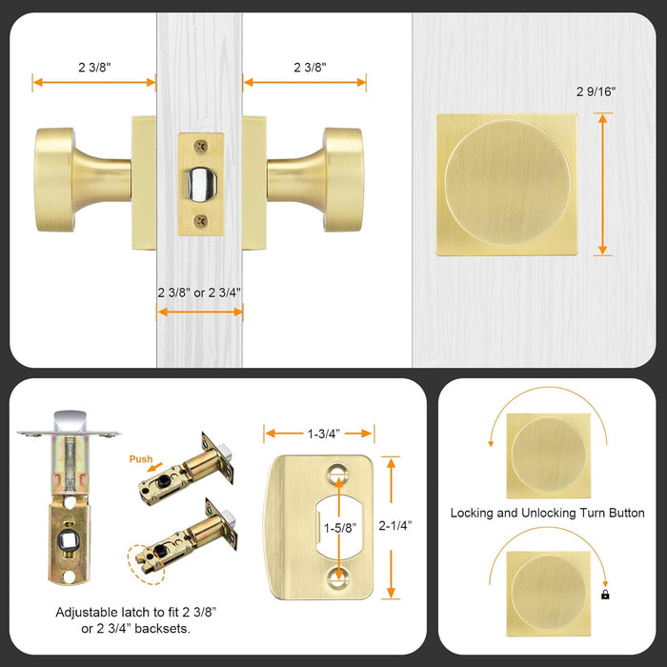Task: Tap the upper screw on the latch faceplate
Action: (199, 144)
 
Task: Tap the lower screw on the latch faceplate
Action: (199, 220)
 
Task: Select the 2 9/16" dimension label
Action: (596, 92)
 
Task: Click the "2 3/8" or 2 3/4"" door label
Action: (199, 293)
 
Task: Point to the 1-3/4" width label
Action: (320, 434)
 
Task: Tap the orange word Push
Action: (141, 458)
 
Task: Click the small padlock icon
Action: (604, 594)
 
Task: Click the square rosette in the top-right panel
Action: (507, 184)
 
